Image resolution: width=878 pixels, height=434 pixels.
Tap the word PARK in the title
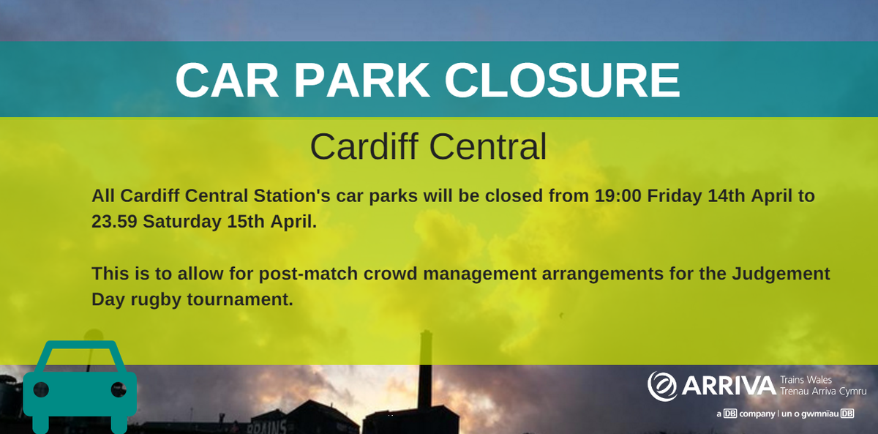[x=361, y=81]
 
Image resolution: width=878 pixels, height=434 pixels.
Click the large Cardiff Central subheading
[x=428, y=146]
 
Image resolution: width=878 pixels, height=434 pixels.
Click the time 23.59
[x=114, y=221]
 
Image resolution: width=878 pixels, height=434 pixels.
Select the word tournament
[x=238, y=299]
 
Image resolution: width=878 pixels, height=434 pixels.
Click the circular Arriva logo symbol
[x=662, y=386]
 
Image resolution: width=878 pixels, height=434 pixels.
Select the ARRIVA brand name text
[x=728, y=386]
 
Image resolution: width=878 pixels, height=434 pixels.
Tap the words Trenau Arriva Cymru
[x=823, y=392]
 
